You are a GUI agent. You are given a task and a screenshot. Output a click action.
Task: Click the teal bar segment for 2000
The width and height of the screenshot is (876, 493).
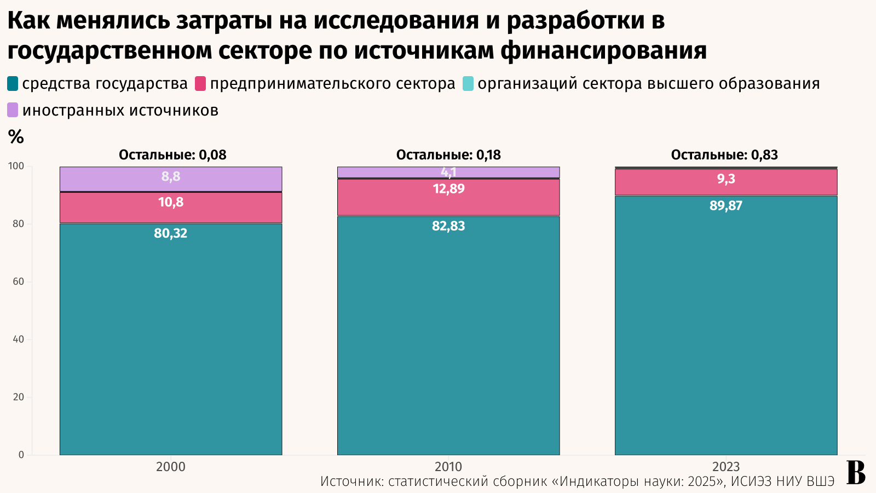click(171, 340)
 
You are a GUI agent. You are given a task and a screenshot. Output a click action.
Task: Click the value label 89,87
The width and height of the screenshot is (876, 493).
click(726, 206)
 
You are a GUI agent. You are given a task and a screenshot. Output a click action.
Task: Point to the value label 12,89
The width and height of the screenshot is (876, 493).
click(448, 189)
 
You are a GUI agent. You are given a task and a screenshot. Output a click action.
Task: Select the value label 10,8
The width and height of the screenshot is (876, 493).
click(171, 202)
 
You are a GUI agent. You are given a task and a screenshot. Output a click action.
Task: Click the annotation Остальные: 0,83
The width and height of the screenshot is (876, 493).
click(724, 155)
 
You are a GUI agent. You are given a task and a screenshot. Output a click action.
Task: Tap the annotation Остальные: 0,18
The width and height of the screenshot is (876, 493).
click(448, 155)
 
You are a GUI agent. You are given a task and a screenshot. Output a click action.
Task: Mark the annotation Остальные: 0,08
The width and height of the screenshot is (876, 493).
click(172, 155)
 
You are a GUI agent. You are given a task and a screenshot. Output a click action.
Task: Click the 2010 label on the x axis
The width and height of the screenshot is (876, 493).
click(448, 467)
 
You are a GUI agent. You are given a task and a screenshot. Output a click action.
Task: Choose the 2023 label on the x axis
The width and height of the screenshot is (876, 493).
click(726, 467)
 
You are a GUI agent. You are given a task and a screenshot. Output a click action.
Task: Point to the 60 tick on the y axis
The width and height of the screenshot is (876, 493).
click(19, 282)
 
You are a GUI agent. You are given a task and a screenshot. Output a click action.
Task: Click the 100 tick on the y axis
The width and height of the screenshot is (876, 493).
click(16, 166)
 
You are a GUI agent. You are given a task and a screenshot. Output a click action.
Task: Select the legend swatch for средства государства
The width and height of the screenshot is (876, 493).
click(13, 84)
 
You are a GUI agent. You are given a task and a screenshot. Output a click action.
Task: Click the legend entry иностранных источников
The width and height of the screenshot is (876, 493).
click(120, 110)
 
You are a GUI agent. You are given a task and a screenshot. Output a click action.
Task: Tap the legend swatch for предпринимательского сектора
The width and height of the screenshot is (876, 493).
click(200, 84)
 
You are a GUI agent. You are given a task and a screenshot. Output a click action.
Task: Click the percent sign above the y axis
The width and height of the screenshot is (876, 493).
click(16, 137)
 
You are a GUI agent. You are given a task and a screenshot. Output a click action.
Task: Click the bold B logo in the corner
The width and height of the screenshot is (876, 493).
click(856, 473)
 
